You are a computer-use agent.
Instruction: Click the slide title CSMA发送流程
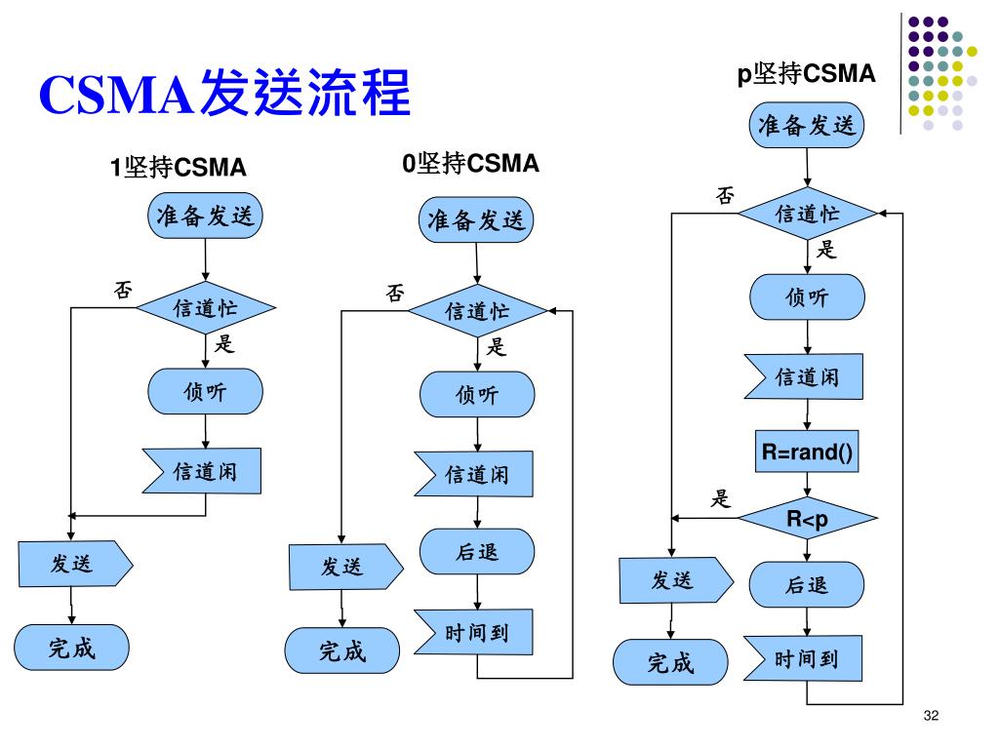pyautogui.click(x=224, y=93)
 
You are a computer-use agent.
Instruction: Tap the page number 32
pyautogui.click(x=931, y=715)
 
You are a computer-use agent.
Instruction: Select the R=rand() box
pyautogui.click(x=807, y=452)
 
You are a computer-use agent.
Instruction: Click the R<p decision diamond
pyautogui.click(x=807, y=519)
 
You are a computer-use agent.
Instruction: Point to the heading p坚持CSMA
pyautogui.click(x=806, y=73)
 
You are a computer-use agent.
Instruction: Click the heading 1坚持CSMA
pyautogui.click(x=178, y=168)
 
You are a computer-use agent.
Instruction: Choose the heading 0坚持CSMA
pyautogui.click(x=471, y=163)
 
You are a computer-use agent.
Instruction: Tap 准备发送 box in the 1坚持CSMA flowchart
pyautogui.click(x=205, y=216)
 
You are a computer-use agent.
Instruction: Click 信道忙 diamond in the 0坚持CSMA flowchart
pyautogui.click(x=477, y=311)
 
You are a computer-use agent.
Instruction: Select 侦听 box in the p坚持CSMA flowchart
pyautogui.click(x=807, y=296)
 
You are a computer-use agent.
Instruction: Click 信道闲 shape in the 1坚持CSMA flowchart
pyautogui.click(x=202, y=471)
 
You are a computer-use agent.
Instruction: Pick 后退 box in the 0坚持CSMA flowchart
pyautogui.click(x=477, y=552)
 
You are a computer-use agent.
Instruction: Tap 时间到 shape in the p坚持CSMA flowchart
pyautogui.click(x=803, y=658)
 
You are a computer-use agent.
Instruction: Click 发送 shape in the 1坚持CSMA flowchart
pyautogui.click(x=75, y=564)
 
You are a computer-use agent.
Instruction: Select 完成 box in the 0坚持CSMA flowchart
pyautogui.click(x=342, y=650)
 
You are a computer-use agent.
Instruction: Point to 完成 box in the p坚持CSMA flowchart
pyautogui.click(x=670, y=662)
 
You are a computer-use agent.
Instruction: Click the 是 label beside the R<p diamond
pyautogui.click(x=721, y=498)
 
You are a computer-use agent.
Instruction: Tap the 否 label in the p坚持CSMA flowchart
pyautogui.click(x=725, y=195)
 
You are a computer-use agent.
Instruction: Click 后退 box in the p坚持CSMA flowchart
pyautogui.click(x=807, y=584)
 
